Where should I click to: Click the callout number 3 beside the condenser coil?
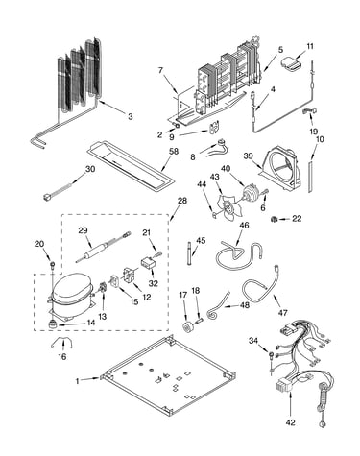[x=131, y=116]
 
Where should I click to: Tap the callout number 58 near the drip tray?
[x=174, y=152]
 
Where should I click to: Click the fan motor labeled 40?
[x=251, y=193]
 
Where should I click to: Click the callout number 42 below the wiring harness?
[x=290, y=422]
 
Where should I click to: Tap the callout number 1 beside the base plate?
[x=77, y=381]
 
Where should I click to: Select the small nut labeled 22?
[x=274, y=219]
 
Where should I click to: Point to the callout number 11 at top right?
[x=309, y=46]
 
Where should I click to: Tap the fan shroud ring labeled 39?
[x=280, y=171]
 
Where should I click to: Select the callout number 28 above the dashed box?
[x=181, y=201]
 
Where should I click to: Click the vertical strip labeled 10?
[x=310, y=177]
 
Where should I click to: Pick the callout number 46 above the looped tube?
[x=244, y=226]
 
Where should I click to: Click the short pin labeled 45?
[x=189, y=253]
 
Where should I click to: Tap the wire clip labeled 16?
[x=61, y=343]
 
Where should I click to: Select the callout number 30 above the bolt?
[x=90, y=169]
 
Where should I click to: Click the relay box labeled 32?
[x=148, y=264]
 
